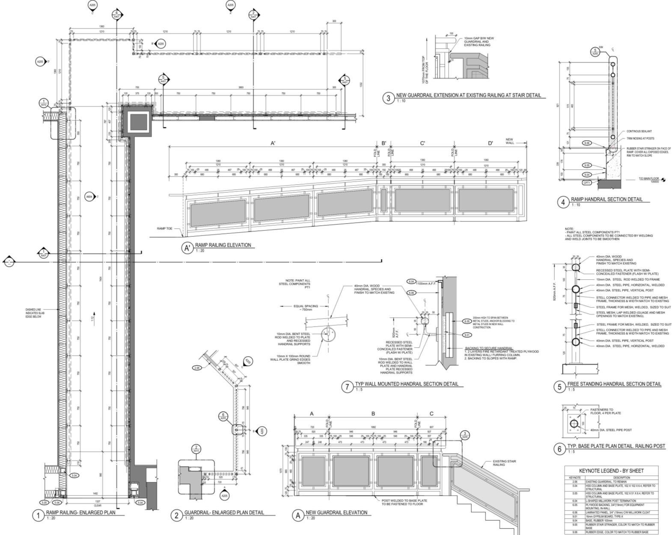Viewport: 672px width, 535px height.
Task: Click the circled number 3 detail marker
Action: coord(388,98)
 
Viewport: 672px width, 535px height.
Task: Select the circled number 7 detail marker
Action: coord(347,387)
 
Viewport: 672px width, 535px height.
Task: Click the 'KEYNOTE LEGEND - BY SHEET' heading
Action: coord(611,470)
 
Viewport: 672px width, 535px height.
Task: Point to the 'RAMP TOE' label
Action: coord(164,229)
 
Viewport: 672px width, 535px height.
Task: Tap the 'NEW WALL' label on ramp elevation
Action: coord(509,141)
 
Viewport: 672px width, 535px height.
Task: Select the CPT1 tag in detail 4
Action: coord(587,183)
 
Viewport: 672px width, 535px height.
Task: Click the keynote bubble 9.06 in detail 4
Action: coord(587,143)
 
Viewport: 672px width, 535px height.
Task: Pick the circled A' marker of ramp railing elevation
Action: coord(187,248)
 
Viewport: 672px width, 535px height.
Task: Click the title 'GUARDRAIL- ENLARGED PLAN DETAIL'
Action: coord(224,512)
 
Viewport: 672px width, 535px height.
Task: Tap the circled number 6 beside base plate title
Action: coord(559,449)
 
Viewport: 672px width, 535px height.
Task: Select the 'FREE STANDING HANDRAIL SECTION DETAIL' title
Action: coord(614,384)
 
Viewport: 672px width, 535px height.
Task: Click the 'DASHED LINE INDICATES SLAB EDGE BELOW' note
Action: coord(35,313)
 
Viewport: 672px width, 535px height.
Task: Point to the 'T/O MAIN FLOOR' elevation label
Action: coord(648,178)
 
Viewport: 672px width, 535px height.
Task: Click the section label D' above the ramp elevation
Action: coord(491,143)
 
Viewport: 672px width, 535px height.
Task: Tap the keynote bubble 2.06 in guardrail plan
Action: coord(197,368)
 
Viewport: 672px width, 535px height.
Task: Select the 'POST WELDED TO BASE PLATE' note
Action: coord(404,502)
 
